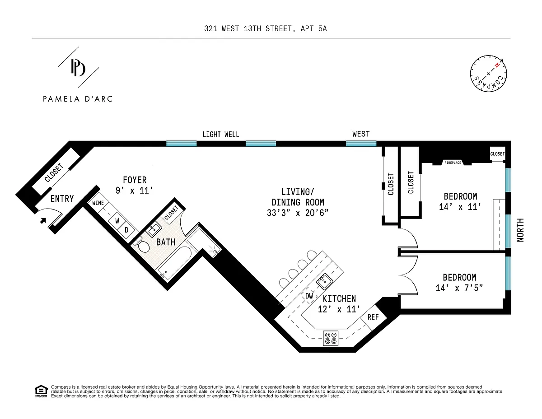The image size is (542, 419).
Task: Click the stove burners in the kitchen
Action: point(331,338)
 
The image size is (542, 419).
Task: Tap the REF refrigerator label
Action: point(373,317)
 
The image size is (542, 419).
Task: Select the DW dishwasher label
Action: point(309,296)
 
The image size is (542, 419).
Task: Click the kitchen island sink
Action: point(324,281)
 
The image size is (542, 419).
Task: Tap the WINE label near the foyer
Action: point(98,203)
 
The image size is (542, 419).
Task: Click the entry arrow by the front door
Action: point(43,220)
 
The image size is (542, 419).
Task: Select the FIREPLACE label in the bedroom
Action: point(453,163)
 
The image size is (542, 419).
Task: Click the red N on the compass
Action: point(497,65)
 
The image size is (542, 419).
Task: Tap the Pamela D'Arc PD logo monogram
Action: point(78,67)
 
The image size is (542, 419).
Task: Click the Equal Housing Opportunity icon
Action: point(41,391)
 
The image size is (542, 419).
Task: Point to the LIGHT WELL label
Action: point(221,135)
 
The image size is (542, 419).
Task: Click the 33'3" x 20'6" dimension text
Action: point(298,213)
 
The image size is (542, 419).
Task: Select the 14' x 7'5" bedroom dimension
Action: point(459,288)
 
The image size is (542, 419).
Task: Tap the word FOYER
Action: point(135,180)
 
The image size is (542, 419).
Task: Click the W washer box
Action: point(117,221)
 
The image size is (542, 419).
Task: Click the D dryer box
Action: point(126,230)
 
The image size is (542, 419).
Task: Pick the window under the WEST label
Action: point(361,144)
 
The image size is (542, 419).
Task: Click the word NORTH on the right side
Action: point(520,230)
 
